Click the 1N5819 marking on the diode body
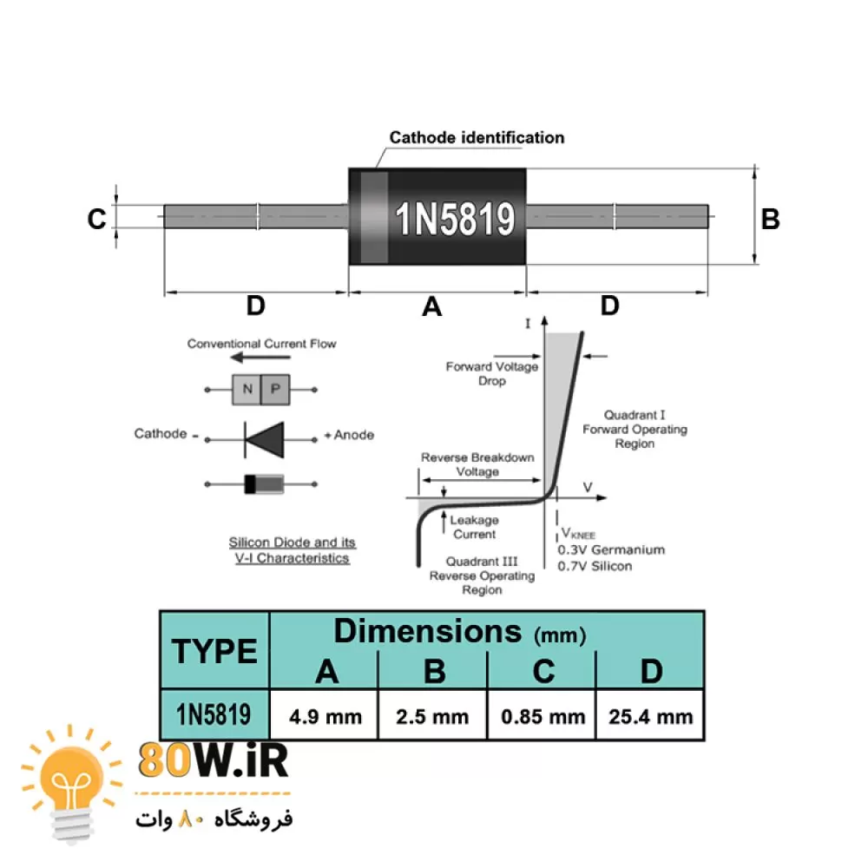click(456, 220)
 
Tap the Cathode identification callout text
click(477, 137)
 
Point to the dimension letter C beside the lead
click(96, 220)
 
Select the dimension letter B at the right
click(770, 219)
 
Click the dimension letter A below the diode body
click(431, 306)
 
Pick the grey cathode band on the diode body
click(374, 217)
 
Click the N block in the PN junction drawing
click(247, 390)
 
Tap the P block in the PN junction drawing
click(275, 390)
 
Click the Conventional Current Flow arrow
click(260, 359)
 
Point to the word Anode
click(354, 434)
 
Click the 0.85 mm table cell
click(542, 716)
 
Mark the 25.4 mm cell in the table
click(650, 716)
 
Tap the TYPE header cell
click(214, 650)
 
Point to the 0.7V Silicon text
click(595, 566)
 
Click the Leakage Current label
click(474, 527)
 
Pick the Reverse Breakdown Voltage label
click(477, 464)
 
